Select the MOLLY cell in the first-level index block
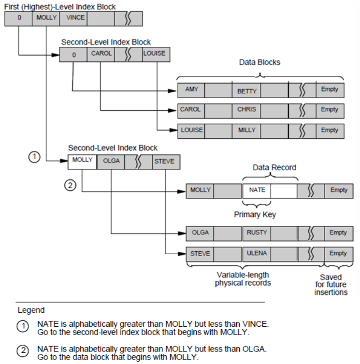pos(46,18)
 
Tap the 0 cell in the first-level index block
pos(18,18)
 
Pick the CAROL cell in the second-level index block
pos(101,54)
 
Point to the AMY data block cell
pos(191,90)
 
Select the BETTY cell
pos(246,90)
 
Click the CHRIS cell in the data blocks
pos(246,110)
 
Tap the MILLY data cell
pos(246,130)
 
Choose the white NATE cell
pos(257,190)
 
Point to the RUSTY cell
pos(256,233)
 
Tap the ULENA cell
pos(256,253)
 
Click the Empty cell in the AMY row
pos(330,90)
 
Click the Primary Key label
pos(255,214)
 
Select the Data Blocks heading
pos(259,63)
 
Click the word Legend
pos(31,310)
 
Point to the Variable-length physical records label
pos(243,279)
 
